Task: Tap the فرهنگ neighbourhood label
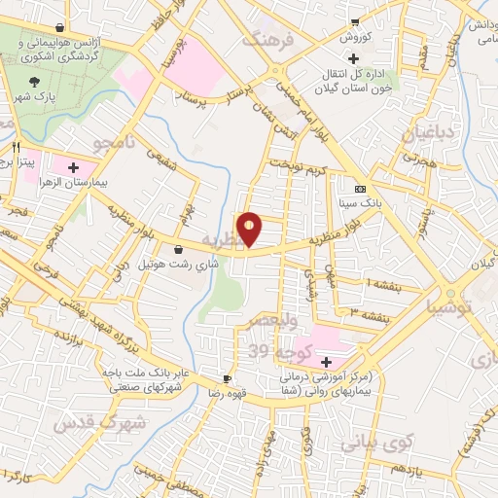[x=267, y=42]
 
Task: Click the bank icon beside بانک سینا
[x=361, y=189]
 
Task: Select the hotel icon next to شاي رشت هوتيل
[x=177, y=250]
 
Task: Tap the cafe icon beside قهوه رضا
[x=227, y=378]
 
